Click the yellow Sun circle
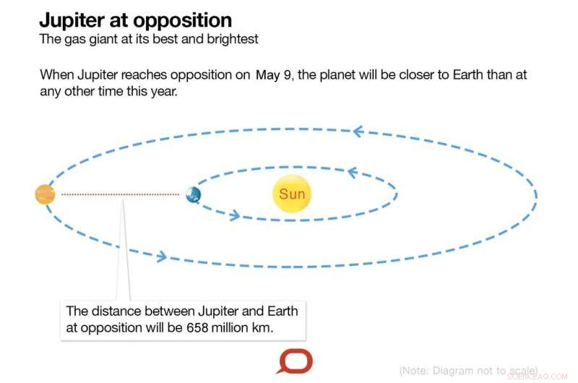coord(292,194)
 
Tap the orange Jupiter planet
coord(46,194)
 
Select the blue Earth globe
coord(193,194)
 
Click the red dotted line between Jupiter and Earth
coord(119,194)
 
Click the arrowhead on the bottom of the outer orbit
coord(162,256)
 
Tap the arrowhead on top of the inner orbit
coord(352,172)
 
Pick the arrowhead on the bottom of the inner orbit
coord(234,215)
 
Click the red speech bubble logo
coord(295,361)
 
